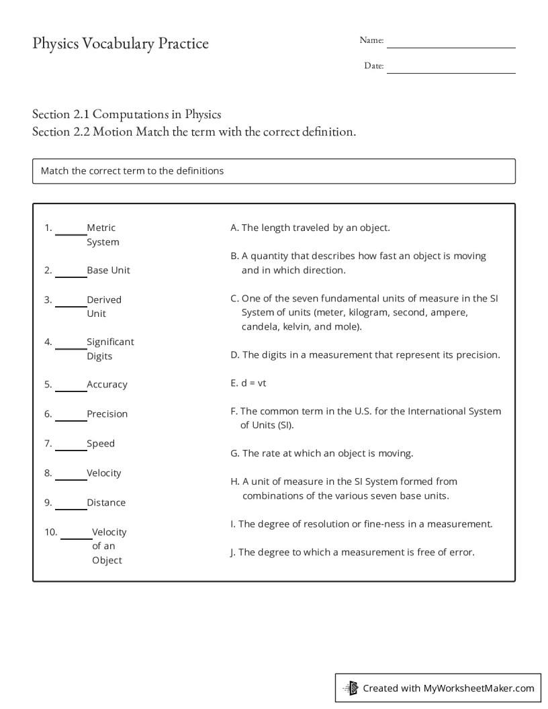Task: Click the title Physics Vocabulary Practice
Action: (x=120, y=44)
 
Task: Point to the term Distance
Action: (x=106, y=503)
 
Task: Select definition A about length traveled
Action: (x=310, y=228)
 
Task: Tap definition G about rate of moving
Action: (x=322, y=453)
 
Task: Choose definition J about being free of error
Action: (x=352, y=553)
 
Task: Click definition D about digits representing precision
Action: (x=365, y=354)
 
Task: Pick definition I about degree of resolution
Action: (x=361, y=524)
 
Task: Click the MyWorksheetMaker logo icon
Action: (x=351, y=688)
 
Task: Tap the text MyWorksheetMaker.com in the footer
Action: (x=478, y=688)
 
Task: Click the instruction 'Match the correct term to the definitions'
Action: (x=132, y=171)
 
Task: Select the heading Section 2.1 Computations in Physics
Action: (x=127, y=114)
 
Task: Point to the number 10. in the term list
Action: (x=51, y=532)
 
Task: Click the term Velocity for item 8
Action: (x=104, y=473)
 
